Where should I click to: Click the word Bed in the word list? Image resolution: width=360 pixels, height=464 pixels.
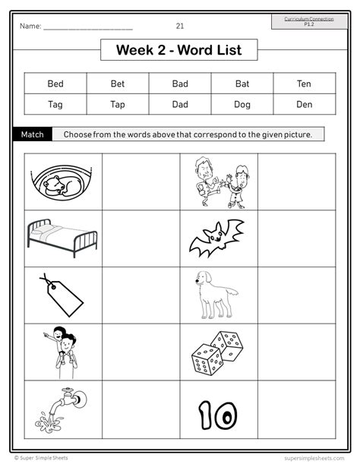55,83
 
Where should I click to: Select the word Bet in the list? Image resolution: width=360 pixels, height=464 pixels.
118,83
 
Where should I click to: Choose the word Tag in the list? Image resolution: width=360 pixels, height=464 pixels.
55,104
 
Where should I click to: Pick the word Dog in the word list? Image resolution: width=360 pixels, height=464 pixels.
242,104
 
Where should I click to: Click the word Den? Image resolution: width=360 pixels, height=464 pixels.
304,104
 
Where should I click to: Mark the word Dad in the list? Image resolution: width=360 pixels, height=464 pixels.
180,104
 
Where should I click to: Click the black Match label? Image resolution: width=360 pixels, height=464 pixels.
33,134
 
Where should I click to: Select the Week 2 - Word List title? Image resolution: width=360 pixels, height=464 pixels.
178,50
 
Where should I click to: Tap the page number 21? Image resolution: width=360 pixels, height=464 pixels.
180,26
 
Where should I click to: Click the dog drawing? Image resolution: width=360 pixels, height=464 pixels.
215,294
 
